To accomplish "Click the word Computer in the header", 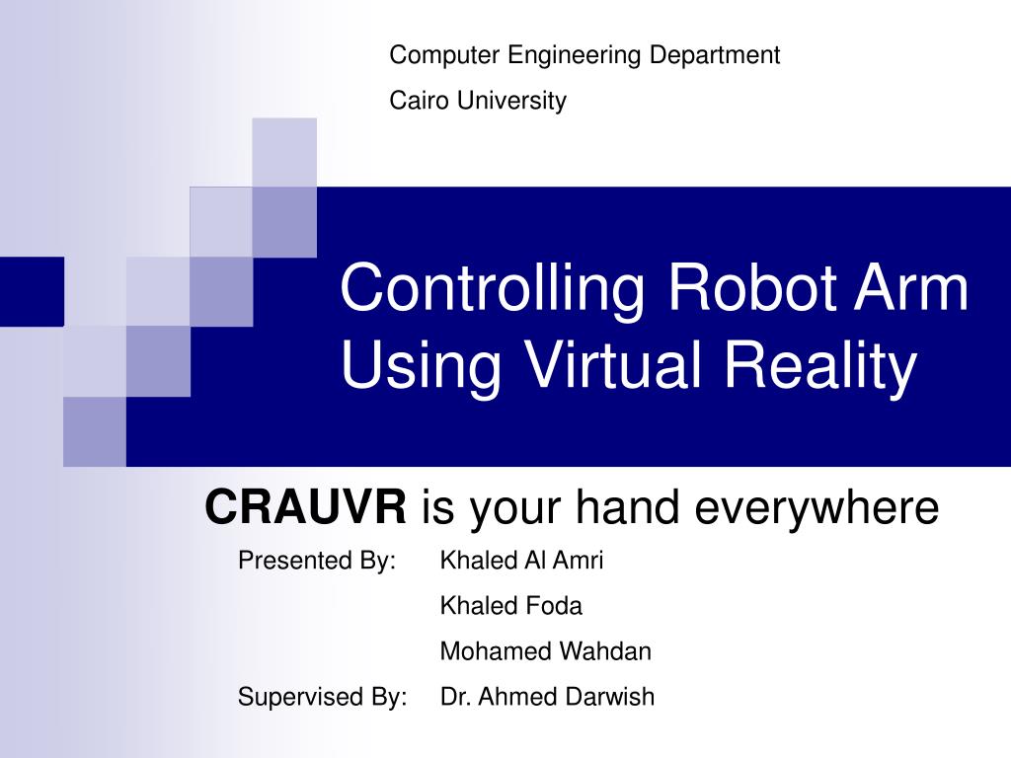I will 444,55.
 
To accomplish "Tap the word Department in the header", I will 714,55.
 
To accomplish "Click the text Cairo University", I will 478,101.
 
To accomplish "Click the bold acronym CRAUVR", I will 305,508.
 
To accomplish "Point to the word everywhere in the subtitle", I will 817,509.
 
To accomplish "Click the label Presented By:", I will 317,561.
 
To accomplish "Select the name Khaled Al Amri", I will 521,561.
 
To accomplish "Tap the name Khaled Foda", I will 510,605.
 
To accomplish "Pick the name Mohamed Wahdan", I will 545,651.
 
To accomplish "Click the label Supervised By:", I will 322,697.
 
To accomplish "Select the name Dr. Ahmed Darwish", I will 547,697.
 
